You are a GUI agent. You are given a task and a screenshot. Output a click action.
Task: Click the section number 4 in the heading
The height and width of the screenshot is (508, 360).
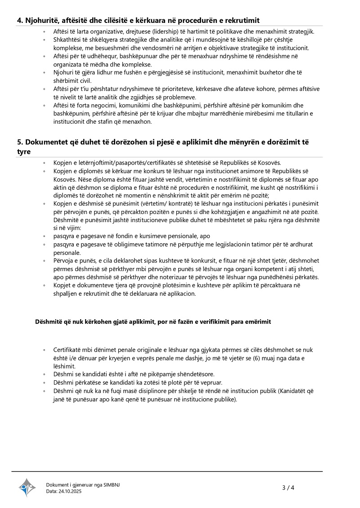tap(19, 20)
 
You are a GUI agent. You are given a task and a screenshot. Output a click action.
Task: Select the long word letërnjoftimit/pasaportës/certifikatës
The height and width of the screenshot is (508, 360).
tap(126, 163)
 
